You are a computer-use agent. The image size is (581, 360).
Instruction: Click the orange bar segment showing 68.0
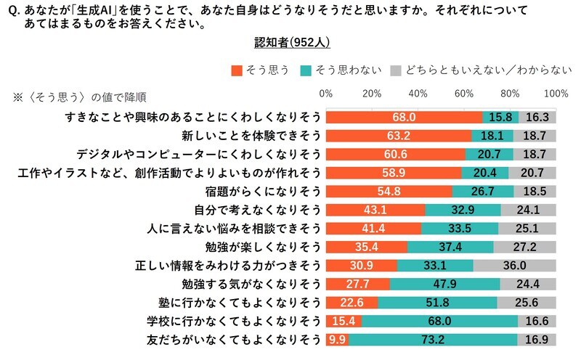(404, 116)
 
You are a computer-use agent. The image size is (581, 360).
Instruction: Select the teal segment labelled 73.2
(434, 340)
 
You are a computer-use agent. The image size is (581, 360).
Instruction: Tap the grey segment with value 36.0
(515, 265)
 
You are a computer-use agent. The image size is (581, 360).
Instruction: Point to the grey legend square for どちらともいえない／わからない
(395, 70)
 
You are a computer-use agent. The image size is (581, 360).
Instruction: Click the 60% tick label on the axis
(464, 94)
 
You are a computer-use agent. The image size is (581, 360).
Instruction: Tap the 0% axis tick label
(326, 94)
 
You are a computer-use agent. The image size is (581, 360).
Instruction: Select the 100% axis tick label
(556, 94)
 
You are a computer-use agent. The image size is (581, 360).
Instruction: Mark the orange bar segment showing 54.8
(389, 191)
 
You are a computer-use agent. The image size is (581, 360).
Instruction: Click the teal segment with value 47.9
(444, 284)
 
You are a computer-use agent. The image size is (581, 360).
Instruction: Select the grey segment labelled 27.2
(524, 246)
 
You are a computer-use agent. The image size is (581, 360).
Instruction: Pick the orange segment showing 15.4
(344, 321)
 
